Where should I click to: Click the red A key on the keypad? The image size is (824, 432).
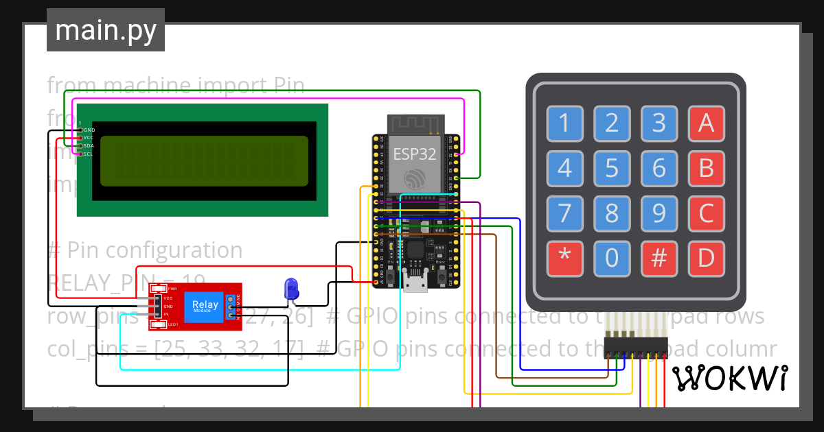pyautogui.click(x=706, y=123)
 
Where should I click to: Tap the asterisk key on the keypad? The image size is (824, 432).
pyautogui.click(x=564, y=259)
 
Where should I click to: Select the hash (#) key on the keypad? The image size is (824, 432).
pyautogui.click(x=659, y=259)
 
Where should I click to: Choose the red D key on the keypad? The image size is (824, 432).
pyautogui.click(x=706, y=259)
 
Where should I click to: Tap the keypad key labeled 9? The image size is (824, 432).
pyautogui.click(x=659, y=213)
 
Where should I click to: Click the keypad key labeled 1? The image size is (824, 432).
pyautogui.click(x=564, y=123)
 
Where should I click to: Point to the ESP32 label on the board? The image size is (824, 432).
pyautogui.click(x=414, y=154)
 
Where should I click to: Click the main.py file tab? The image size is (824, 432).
pyautogui.click(x=106, y=30)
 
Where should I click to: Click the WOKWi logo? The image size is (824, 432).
pyautogui.click(x=729, y=378)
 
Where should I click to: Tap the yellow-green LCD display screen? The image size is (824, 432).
pyautogui.click(x=204, y=161)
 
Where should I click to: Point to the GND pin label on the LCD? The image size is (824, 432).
pyautogui.click(x=89, y=130)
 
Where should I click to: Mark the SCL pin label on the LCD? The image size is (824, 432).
pyautogui.click(x=89, y=154)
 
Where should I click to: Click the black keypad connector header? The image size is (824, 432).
pyautogui.click(x=636, y=347)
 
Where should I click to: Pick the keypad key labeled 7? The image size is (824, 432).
pyautogui.click(x=564, y=213)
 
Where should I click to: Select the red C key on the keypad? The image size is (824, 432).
pyautogui.click(x=706, y=213)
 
